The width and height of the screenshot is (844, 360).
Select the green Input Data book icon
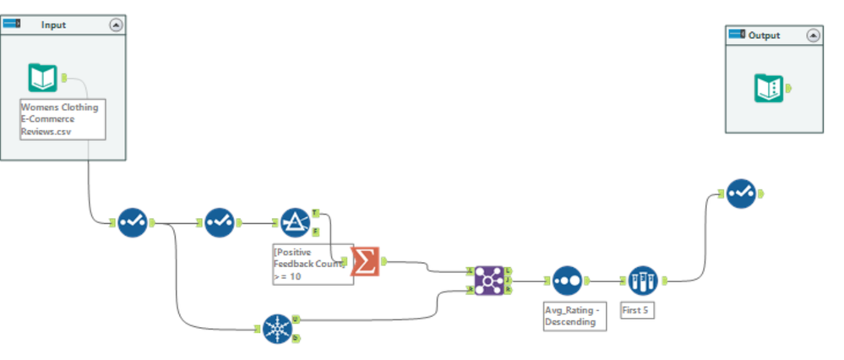point(43,78)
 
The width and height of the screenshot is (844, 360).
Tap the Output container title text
point(764,35)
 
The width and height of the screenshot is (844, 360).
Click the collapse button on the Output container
point(813,35)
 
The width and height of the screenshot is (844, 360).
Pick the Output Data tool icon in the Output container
point(768,88)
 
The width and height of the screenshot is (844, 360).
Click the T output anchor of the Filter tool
point(316,213)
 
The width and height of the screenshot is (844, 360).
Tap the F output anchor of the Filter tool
point(316,232)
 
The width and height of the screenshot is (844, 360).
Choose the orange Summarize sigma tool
point(366,261)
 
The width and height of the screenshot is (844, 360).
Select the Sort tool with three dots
point(566,281)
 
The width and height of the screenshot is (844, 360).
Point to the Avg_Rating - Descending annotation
point(574,315)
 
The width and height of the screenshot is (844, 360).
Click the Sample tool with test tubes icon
point(642,280)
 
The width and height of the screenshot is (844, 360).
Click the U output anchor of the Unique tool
point(296,320)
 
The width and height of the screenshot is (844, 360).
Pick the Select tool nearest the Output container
point(740,194)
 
